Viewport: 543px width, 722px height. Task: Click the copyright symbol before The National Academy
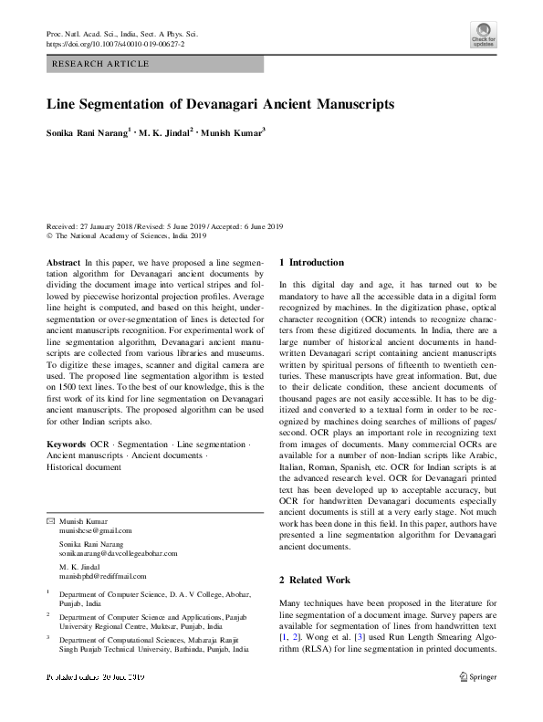click(x=49, y=235)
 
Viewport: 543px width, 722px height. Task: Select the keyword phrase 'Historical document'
click(x=83, y=466)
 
